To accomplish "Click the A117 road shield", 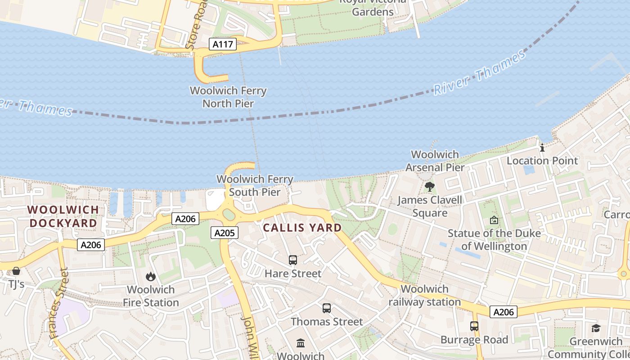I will (x=223, y=44).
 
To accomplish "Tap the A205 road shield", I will (x=224, y=233).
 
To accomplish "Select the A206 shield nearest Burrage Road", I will (x=504, y=312).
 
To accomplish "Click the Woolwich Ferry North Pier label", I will (x=228, y=97).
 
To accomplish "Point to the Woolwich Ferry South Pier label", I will (x=255, y=186).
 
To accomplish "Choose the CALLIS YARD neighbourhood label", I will (x=302, y=228).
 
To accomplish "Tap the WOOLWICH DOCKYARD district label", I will (x=63, y=216).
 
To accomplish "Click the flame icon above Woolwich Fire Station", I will (x=151, y=276).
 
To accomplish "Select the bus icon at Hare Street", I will (x=293, y=260).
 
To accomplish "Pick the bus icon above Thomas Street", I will (x=327, y=308).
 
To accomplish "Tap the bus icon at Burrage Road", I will (x=474, y=326).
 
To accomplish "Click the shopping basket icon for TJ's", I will (x=16, y=271).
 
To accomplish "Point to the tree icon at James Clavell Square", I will (x=430, y=186).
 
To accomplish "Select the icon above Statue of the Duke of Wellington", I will (x=494, y=220).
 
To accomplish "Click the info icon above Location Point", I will (x=542, y=148).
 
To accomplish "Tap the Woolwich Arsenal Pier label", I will (x=435, y=161).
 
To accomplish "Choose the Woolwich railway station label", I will (x=425, y=296).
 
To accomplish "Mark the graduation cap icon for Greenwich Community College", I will (x=596, y=328).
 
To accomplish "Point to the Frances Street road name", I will (x=58, y=304).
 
